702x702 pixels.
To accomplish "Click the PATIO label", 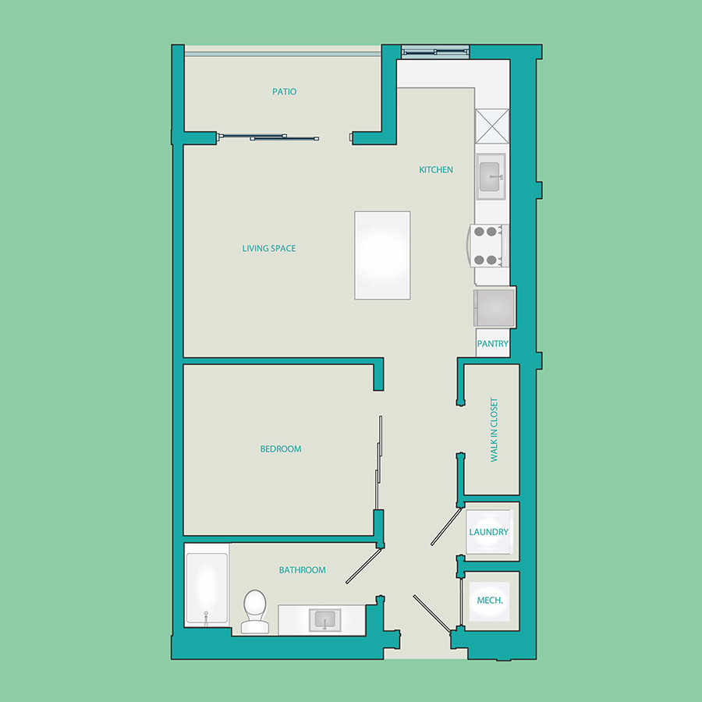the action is coord(284,92).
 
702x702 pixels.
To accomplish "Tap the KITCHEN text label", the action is coord(435,170).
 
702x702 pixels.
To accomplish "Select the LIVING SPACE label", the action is coord(269,249).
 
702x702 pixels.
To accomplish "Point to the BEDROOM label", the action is coord(281,449).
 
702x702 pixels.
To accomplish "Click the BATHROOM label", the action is coord(302,570).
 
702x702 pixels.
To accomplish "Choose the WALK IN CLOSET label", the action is coord(494,430).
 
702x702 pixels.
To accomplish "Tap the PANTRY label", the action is coord(492,344).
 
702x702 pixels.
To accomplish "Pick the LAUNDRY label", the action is coord(489,532).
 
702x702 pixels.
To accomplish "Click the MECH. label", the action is coord(490,601).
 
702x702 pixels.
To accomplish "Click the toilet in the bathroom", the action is coord(255,612).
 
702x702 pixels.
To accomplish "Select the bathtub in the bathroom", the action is coord(207,588).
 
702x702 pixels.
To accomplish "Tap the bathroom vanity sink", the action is coord(325,619).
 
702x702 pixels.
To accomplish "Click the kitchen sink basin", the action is coord(491,176).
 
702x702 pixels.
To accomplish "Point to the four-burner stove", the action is coord(488,246).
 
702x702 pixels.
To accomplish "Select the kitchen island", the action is coord(382,255).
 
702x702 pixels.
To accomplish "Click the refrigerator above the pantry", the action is coord(495,308).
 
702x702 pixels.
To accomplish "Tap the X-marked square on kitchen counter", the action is coord(492,126).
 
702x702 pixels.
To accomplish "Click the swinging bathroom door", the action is coord(363,566).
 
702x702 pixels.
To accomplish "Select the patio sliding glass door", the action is coord(268,137).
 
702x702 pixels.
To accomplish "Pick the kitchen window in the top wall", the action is coord(435,52).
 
